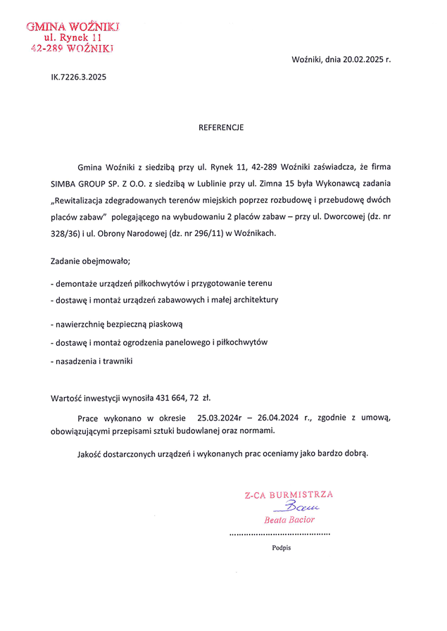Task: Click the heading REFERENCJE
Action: click(x=221, y=127)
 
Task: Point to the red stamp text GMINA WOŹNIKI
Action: click(x=73, y=27)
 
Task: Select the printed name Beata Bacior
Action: click(x=289, y=520)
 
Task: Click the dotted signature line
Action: click(x=280, y=535)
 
